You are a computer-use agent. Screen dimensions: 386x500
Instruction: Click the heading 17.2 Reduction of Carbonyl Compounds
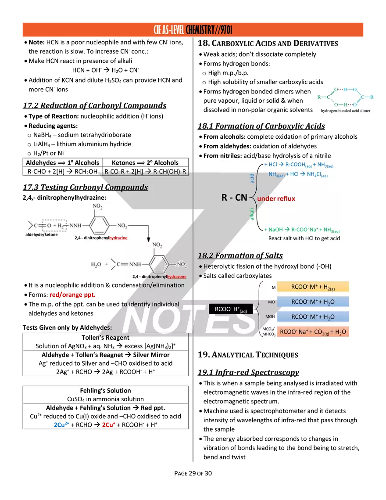click(94, 105)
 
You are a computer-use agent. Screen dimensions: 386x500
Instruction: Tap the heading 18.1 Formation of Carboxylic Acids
click(261, 126)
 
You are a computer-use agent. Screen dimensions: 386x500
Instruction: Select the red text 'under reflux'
click(276, 199)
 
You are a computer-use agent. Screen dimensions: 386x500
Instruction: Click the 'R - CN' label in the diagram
click(234, 198)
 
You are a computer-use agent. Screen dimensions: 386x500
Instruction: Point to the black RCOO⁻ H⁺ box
click(231, 309)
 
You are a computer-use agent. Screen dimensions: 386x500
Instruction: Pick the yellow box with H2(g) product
click(313, 287)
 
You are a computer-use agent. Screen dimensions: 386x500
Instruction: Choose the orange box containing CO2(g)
click(313, 332)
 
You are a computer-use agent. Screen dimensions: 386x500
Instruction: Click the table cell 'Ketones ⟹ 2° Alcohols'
click(145, 162)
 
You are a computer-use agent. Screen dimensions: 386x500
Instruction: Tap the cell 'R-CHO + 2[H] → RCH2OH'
click(62, 172)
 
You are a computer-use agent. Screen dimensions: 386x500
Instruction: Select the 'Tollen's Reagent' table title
click(106, 338)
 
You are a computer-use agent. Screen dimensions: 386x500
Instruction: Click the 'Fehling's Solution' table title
click(106, 391)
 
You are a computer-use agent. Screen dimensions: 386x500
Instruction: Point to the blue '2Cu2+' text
click(61, 425)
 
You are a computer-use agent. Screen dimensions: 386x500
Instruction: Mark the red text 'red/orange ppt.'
click(72, 295)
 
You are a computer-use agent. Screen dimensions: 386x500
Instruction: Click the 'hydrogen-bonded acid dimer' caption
click(346, 111)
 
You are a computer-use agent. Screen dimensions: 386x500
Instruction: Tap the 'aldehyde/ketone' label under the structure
click(41, 235)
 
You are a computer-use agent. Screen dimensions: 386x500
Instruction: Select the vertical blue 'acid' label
click(252, 178)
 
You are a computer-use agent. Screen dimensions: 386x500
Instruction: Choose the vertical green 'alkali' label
click(252, 214)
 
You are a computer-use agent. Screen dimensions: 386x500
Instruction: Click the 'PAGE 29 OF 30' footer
click(193, 474)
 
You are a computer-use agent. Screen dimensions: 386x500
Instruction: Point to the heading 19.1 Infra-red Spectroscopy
click(248, 372)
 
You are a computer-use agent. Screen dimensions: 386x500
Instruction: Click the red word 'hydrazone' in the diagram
click(177, 277)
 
